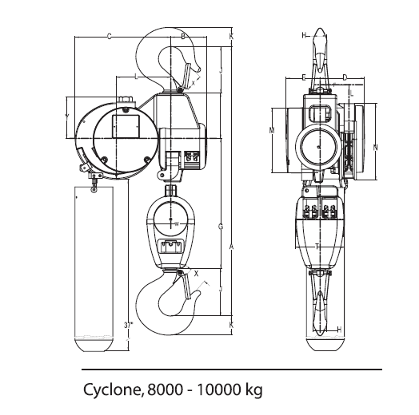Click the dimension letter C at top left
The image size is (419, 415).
[x=109, y=36]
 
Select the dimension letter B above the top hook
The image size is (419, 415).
[x=182, y=36]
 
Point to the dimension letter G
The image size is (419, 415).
[x=221, y=227]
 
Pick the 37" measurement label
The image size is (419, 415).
[x=129, y=326]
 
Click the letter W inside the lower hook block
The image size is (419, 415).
[x=177, y=224]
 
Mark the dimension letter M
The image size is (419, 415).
[x=272, y=130]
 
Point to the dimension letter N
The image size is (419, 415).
[x=375, y=148]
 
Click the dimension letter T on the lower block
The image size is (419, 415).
[x=317, y=246]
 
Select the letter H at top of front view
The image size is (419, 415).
[x=304, y=36]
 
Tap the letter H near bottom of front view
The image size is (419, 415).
[x=339, y=329]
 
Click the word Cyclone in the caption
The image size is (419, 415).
[x=112, y=390]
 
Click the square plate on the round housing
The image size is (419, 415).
[x=125, y=125]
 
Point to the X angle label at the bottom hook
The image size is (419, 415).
[x=197, y=273]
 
